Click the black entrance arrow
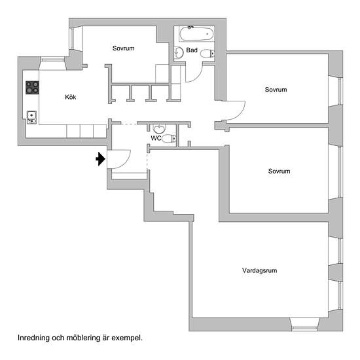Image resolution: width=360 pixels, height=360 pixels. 101,159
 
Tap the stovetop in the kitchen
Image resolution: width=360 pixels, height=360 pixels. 32,88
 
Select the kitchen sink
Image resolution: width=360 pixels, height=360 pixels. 31,117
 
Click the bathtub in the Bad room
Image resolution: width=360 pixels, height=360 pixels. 196,34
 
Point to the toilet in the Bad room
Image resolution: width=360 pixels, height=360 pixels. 207,54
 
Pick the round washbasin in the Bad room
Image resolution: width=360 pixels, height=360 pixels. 179,53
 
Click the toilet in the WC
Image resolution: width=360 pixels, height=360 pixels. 169,139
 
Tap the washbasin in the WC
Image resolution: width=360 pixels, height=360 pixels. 159,129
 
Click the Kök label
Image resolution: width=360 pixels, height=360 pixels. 71,97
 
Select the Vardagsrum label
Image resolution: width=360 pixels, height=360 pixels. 259,270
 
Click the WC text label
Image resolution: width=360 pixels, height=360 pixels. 156,138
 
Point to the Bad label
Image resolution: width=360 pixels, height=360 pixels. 192,50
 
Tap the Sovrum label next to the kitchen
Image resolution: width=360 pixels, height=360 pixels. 123,48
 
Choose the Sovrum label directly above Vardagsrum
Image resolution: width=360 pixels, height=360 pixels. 279,171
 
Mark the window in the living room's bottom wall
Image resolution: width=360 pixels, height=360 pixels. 304,324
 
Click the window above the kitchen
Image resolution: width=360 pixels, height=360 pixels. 52,60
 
